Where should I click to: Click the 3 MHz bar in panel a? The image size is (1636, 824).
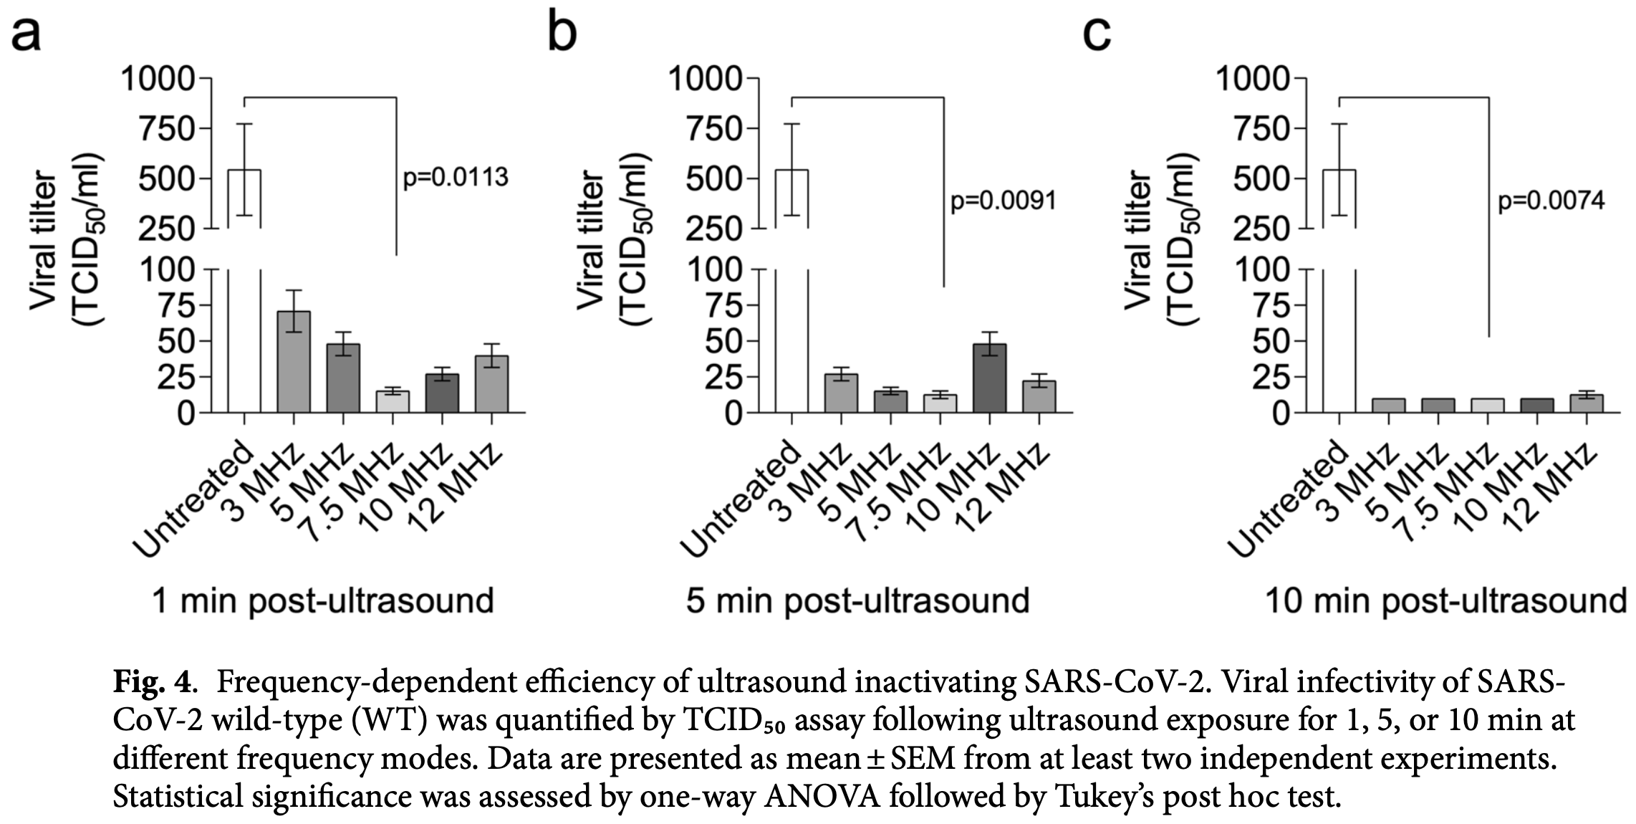(x=294, y=363)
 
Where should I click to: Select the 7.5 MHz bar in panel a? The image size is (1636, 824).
(x=393, y=402)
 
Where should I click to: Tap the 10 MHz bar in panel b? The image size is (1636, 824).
(x=989, y=378)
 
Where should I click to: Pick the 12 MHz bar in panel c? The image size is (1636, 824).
(x=1586, y=403)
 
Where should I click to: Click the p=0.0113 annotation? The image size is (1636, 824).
(x=456, y=177)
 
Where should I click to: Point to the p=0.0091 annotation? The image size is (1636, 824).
(x=1003, y=201)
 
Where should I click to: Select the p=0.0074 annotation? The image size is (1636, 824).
(x=1551, y=201)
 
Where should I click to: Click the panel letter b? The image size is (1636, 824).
(x=562, y=32)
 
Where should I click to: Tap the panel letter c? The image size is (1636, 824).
(x=1096, y=32)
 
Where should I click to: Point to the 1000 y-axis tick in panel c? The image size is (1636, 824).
(x=1254, y=77)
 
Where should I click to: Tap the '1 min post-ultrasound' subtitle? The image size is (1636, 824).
(x=323, y=600)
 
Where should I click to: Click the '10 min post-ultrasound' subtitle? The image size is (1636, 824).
(x=1445, y=600)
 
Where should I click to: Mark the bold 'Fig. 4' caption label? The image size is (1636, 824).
(x=152, y=682)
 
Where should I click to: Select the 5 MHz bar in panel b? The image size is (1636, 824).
(x=890, y=402)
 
